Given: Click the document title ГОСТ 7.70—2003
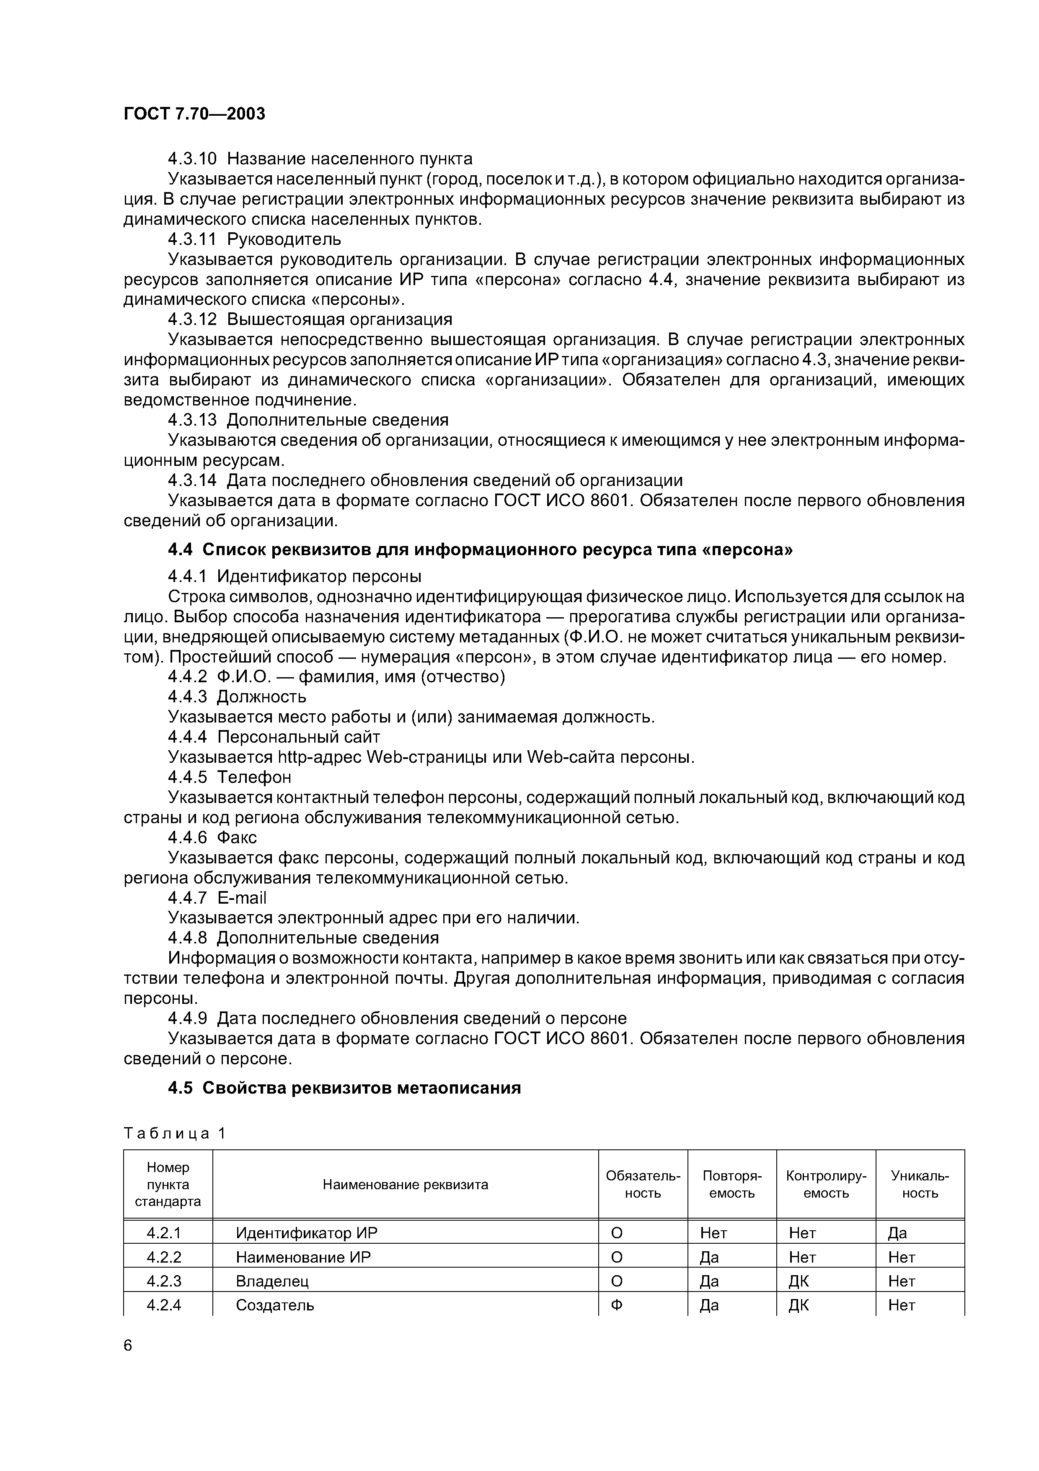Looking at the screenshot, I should click(194, 114).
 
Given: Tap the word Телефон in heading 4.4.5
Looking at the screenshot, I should click(254, 777).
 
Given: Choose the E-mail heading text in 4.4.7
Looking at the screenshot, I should click(242, 898).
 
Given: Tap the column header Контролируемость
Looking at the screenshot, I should click(826, 1185).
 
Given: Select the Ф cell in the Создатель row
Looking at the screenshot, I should click(617, 1305).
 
